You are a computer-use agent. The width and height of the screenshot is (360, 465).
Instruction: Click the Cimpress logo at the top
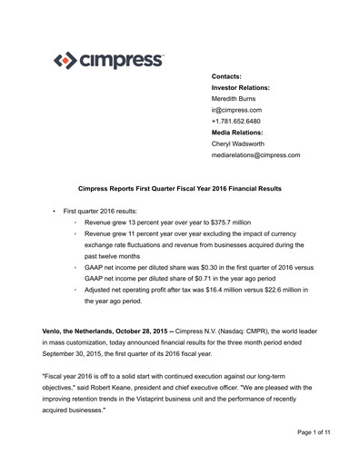pyautogui.click(x=109, y=62)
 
